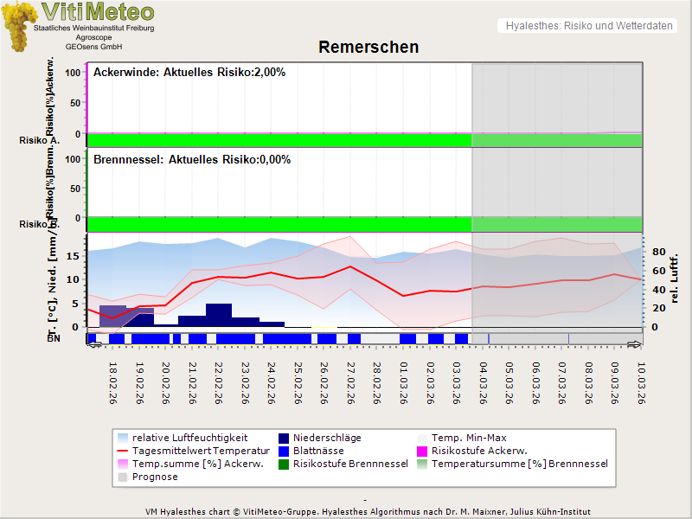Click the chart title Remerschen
pos(368,47)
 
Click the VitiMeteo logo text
pos(98,12)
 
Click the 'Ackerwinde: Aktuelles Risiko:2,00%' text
pos(189,73)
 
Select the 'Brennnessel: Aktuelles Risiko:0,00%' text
pos(192,160)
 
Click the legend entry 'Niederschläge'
pos(328,438)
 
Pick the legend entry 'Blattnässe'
pos(319,451)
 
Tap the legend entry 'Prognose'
pos(155,477)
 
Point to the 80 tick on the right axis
pos(657,253)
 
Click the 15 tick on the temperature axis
pos(75,256)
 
